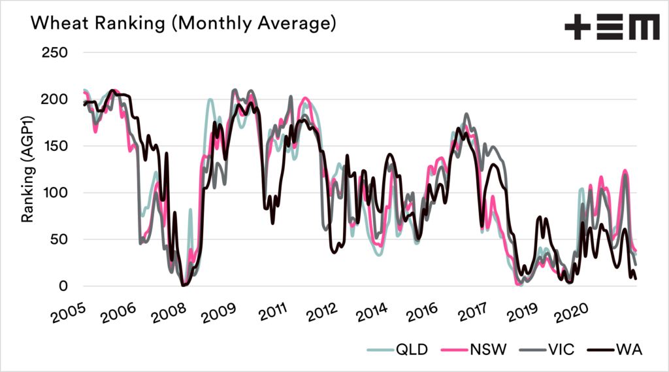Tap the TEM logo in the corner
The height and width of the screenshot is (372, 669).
pyautogui.click(x=612, y=29)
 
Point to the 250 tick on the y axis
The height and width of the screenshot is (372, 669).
pyautogui.click(x=56, y=52)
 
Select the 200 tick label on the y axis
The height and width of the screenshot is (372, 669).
pyautogui.click(x=56, y=99)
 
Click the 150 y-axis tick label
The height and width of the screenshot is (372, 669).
pyautogui.click(x=56, y=145)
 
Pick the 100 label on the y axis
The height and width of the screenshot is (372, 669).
pyautogui.click(x=56, y=192)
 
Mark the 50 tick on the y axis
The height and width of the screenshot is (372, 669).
pyautogui.click(x=60, y=239)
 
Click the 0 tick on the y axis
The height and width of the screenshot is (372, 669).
pyautogui.click(x=64, y=286)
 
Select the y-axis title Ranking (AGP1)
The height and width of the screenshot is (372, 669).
pyautogui.click(x=28, y=169)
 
